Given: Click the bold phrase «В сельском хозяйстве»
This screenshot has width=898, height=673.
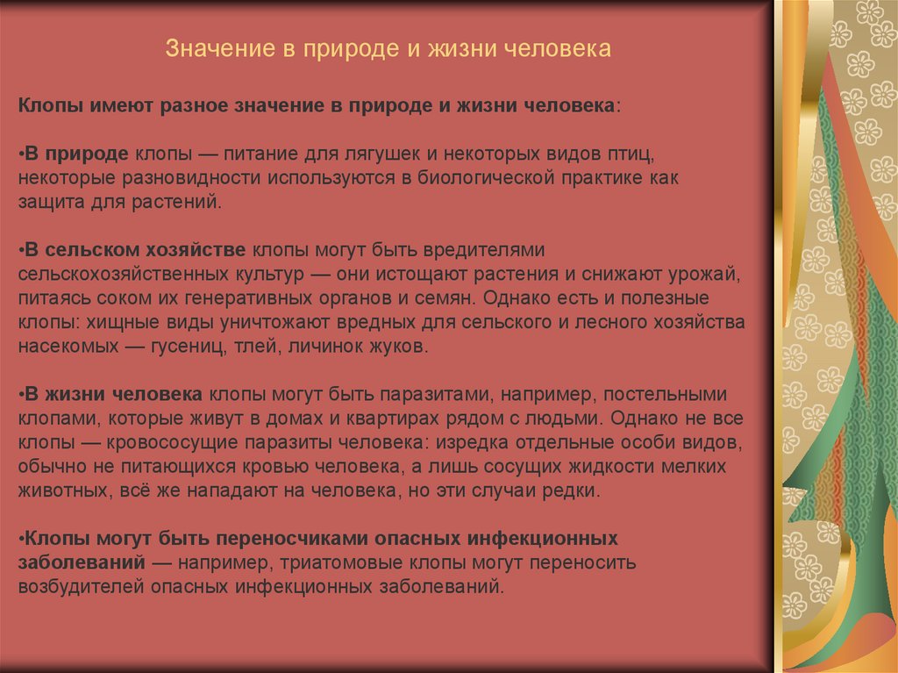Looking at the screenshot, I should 135,250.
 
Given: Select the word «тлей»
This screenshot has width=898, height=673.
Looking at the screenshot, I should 255,346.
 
